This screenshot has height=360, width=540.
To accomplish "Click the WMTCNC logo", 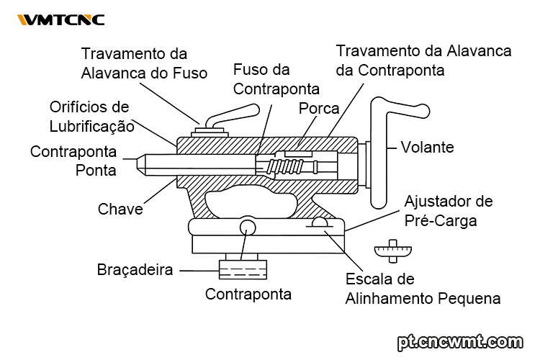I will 60,19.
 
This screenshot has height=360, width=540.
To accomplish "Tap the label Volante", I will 428,148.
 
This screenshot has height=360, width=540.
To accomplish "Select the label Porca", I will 319,109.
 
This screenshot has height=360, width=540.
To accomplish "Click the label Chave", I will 120,210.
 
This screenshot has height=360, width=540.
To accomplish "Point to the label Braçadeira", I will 135,271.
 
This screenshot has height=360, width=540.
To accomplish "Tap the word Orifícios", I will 89,107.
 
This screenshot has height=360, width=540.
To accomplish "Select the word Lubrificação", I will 91,126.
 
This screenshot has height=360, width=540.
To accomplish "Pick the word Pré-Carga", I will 441,220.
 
